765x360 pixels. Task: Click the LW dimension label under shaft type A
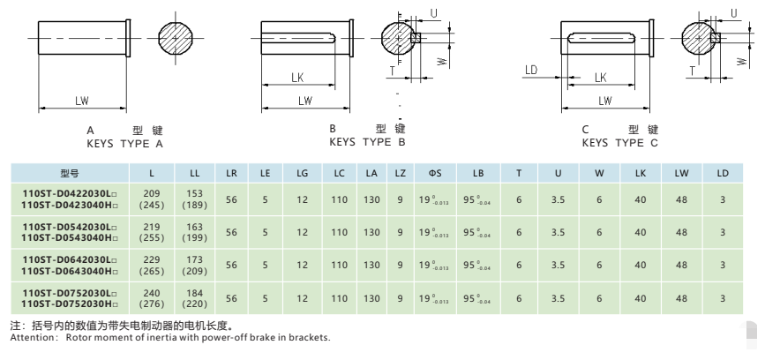tap(81, 101)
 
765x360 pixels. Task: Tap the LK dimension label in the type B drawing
tap(298, 78)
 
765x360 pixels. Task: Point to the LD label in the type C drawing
tap(531, 69)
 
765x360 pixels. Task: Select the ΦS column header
tap(436, 173)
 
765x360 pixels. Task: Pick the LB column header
tap(477, 173)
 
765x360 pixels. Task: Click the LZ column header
tap(401, 173)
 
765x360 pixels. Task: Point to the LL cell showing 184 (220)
tap(193, 298)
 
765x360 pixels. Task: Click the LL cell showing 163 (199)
tap(193, 232)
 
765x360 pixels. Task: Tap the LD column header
tap(722, 173)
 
